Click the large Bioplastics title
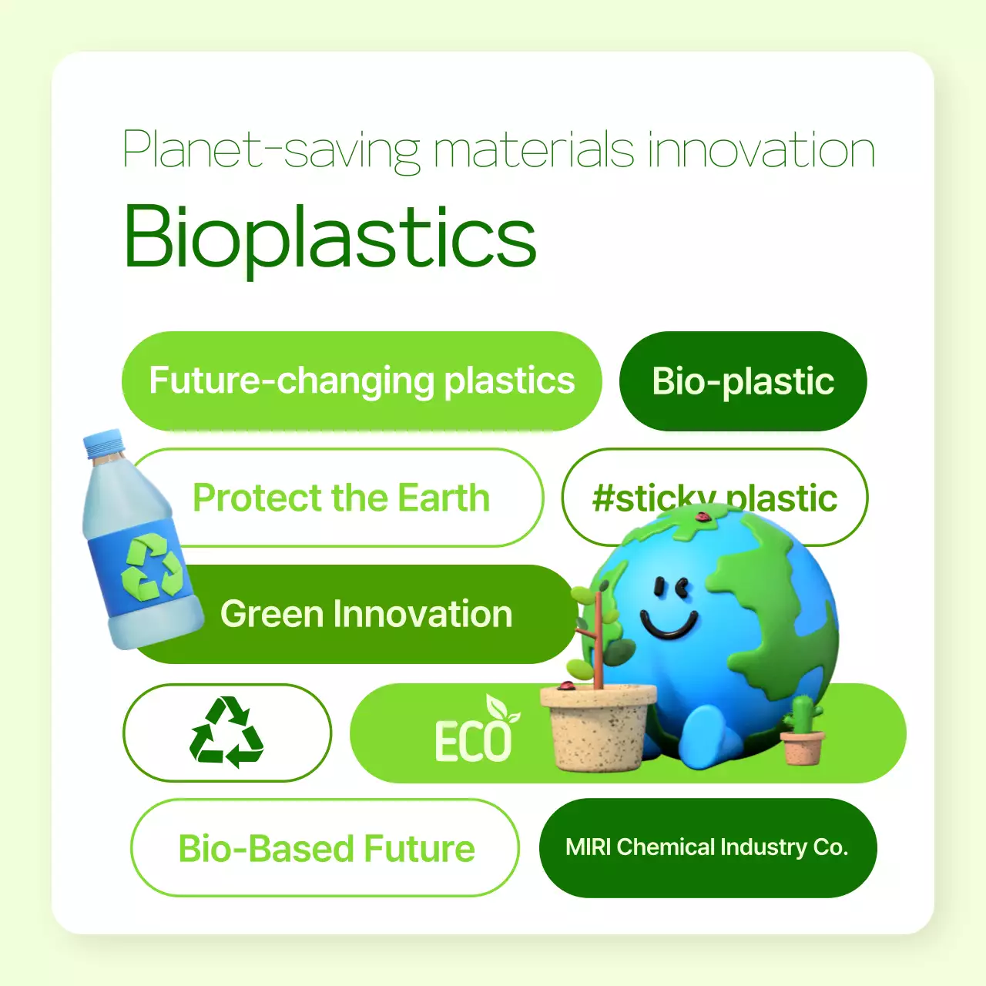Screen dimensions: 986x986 click(x=330, y=237)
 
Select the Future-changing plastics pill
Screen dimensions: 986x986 click(x=361, y=381)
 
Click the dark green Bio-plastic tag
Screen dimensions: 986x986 click(x=743, y=381)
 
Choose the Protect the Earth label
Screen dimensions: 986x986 click(x=340, y=498)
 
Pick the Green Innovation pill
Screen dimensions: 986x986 click(x=366, y=615)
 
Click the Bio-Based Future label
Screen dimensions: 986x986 click(x=326, y=848)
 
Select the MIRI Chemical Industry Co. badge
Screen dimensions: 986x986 click(x=707, y=847)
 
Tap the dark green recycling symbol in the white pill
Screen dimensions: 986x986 click(x=226, y=733)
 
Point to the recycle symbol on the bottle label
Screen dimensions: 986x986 click(x=152, y=569)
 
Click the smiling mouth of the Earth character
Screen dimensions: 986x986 click(x=669, y=624)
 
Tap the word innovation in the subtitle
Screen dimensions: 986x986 click(x=760, y=150)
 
